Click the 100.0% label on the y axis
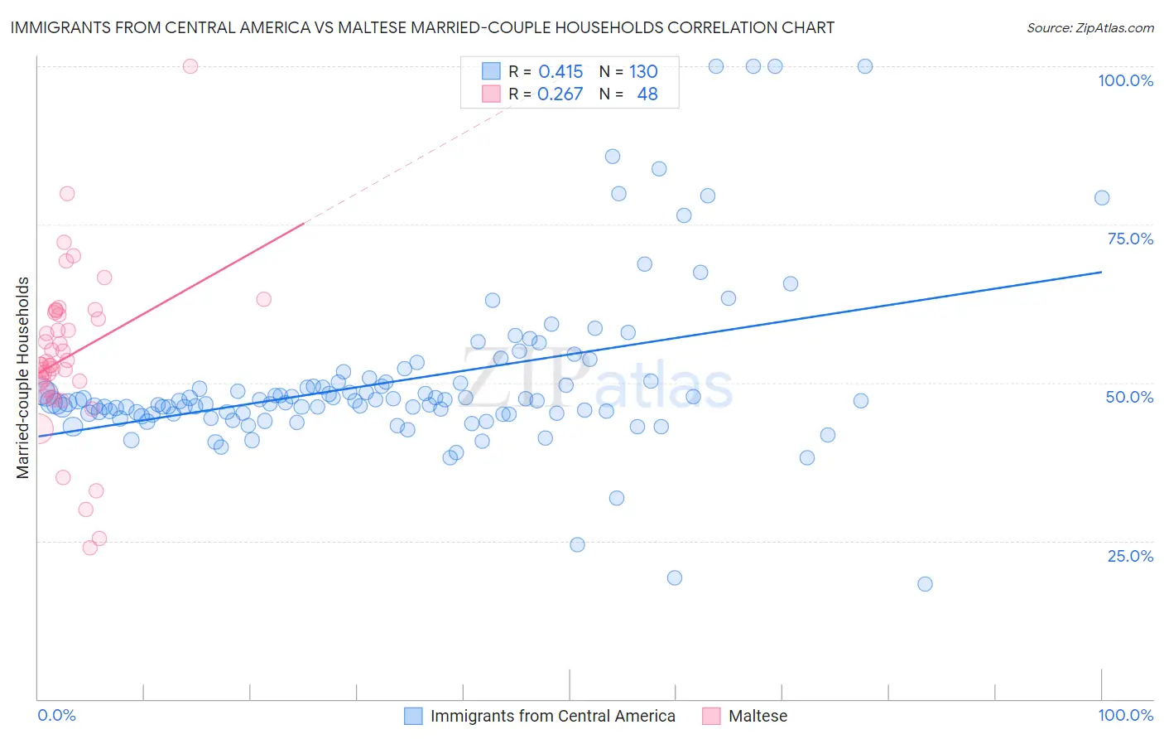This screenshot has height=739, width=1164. tap(1125, 80)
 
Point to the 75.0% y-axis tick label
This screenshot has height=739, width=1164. tap(1130, 239)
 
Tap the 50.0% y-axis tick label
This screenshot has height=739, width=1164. tap(1129, 397)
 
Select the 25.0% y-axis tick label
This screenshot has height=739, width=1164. tap(1130, 556)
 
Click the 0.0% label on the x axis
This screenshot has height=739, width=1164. tap(56, 715)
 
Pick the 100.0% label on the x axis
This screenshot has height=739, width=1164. tap(1125, 715)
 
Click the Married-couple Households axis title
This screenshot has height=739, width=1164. tap(23, 378)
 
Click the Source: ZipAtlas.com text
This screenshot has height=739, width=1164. tap(1089, 27)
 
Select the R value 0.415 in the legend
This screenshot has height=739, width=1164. tap(560, 71)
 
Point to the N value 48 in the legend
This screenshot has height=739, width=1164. tap(647, 94)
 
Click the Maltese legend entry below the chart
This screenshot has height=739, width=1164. tap(758, 716)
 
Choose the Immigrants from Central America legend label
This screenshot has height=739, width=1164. tap(552, 716)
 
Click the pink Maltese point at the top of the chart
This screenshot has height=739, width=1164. tap(190, 66)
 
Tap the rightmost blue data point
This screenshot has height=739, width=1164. tap(1102, 197)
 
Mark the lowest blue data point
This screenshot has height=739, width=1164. tap(925, 584)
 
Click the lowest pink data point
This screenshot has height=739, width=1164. tap(90, 548)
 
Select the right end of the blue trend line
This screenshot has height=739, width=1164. tap(1102, 272)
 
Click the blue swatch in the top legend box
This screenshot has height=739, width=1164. tap(492, 71)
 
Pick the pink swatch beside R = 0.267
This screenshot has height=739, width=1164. tap(492, 94)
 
